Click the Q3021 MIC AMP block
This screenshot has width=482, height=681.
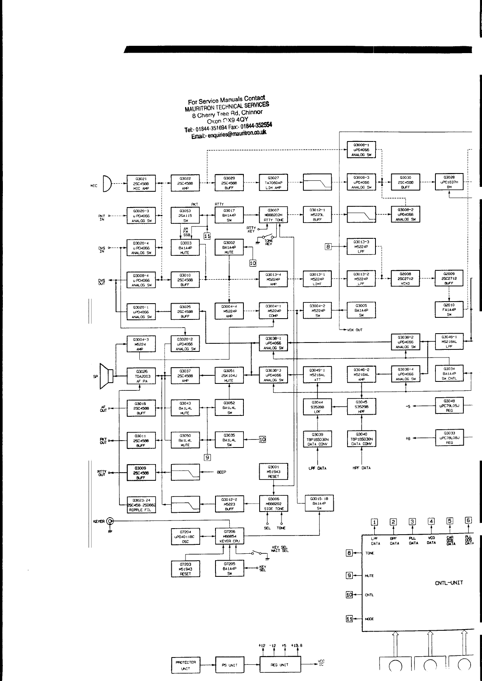tap(141, 183)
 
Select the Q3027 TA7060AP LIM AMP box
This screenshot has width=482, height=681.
tap(273, 183)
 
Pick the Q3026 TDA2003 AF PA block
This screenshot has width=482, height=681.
tap(141, 376)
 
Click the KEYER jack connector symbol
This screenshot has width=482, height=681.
tap(109, 522)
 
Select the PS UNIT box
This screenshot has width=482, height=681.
tap(230, 665)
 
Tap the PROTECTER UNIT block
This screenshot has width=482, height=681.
tap(186, 665)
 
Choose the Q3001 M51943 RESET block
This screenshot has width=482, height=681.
tap(273, 471)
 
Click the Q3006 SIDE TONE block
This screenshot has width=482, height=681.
tap(273, 503)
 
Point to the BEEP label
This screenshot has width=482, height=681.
tap(222, 472)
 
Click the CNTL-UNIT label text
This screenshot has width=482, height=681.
tap(449, 583)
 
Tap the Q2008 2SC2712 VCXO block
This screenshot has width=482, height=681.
tap(405, 279)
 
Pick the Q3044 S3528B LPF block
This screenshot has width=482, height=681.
tap(317, 407)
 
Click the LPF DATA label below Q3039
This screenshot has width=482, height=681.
tap(318, 468)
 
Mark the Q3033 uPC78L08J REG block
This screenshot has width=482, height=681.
tap(449, 438)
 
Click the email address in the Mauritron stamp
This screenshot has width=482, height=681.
tap(229, 134)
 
